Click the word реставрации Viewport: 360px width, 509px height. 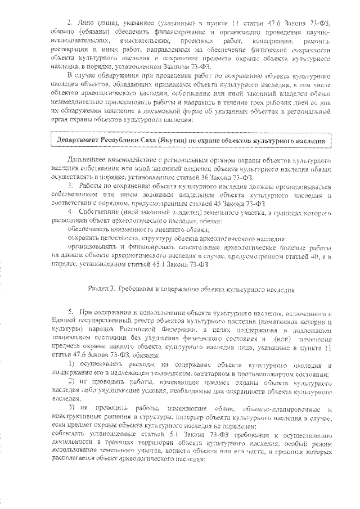(x=70, y=49)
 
